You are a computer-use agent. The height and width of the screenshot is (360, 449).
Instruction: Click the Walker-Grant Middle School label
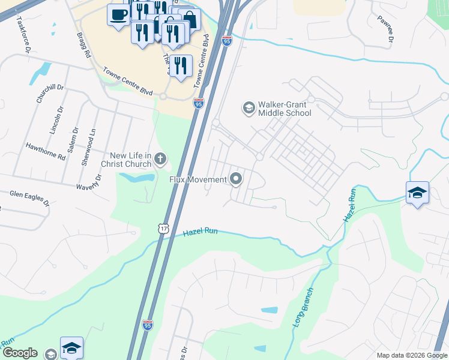pyautogui.click(x=285, y=109)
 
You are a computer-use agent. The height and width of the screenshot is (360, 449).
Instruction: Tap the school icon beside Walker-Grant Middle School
pyautogui.click(x=248, y=108)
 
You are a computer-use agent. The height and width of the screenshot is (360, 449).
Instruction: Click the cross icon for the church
pyautogui.click(x=160, y=159)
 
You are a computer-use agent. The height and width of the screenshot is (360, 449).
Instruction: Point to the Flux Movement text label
pyautogui.click(x=197, y=179)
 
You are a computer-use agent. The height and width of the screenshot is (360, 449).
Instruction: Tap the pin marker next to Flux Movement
pyautogui.click(x=237, y=179)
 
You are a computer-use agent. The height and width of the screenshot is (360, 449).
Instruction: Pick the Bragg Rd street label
pyautogui.click(x=83, y=45)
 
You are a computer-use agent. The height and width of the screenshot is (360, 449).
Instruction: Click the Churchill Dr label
pyautogui.click(x=46, y=89)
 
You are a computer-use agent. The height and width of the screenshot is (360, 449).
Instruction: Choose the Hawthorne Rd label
pyautogui.click(x=45, y=151)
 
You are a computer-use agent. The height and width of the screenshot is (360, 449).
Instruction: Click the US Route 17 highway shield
pyautogui.click(x=164, y=229)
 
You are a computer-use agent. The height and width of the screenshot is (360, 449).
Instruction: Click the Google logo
pyautogui.click(x=20, y=353)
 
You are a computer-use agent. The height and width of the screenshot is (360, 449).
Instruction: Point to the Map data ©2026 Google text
pyautogui.click(x=411, y=355)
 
